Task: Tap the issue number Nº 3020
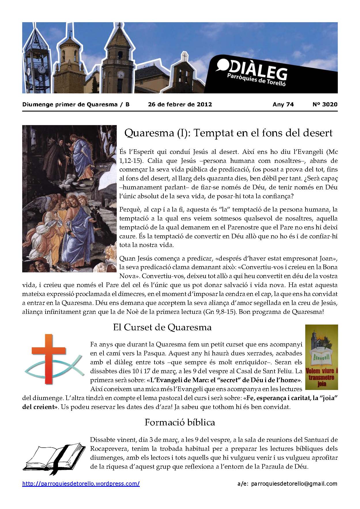tap(325, 104)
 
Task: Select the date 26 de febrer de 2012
tap(180, 104)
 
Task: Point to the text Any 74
tap(283, 104)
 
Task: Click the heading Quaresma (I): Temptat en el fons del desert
tap(228, 133)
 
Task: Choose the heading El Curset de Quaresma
tap(162, 327)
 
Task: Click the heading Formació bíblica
tap(180, 422)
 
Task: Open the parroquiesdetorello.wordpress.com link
tap(81, 484)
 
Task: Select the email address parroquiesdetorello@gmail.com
tap(294, 484)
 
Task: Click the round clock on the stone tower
tap(121, 74)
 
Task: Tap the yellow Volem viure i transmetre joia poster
tap(321, 357)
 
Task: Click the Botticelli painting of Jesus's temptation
tap(69, 198)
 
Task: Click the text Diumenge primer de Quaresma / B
tap(76, 104)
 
